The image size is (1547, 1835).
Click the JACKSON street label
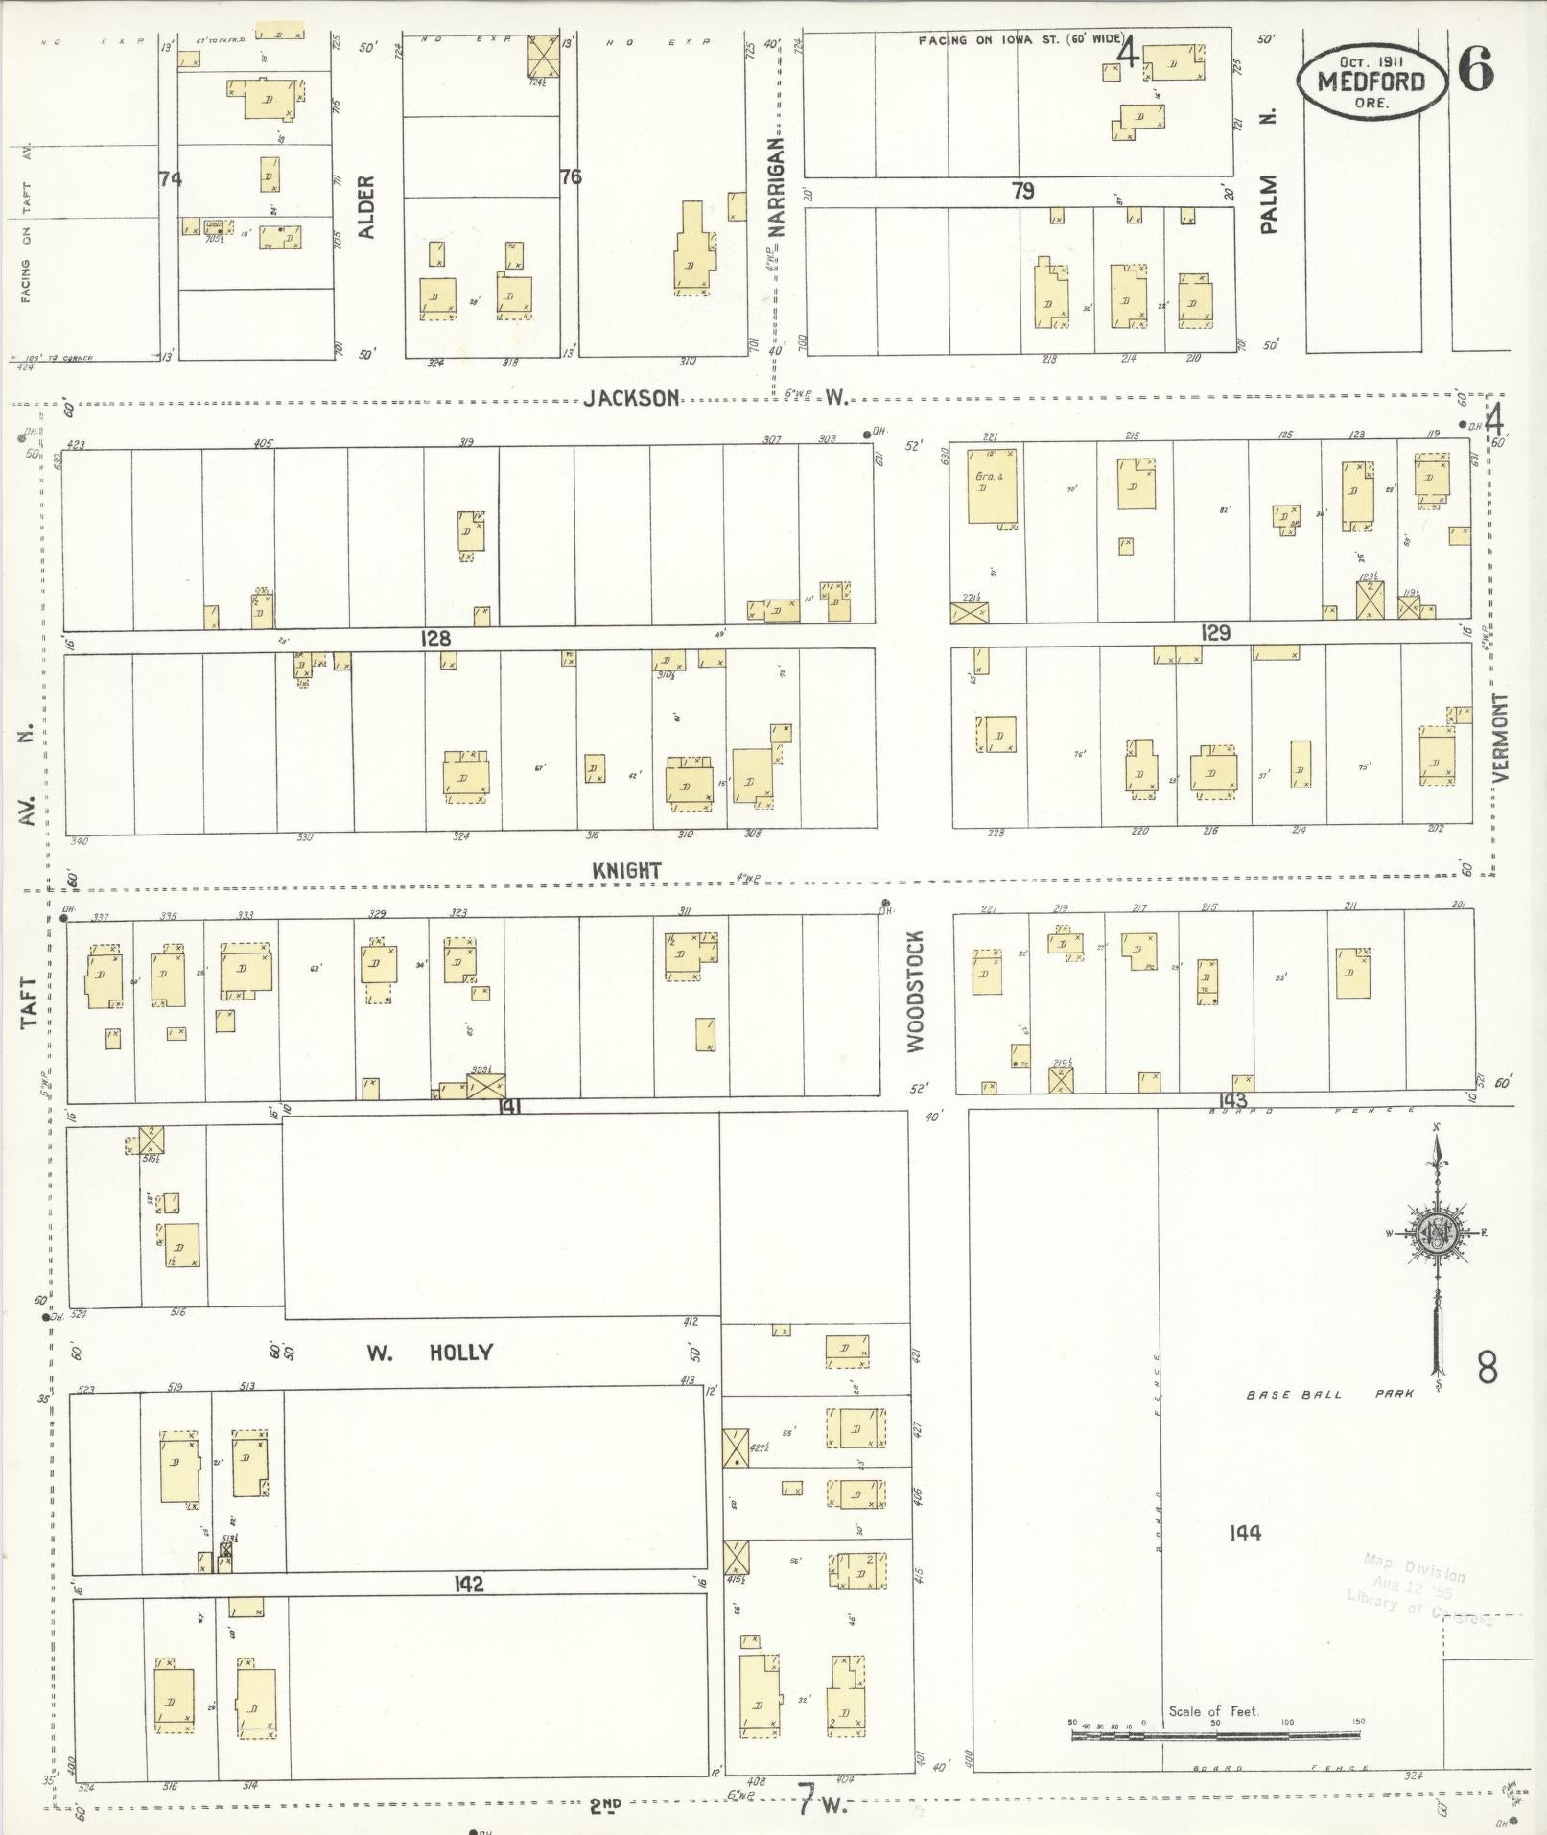point(632,398)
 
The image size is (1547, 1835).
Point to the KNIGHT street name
point(626,870)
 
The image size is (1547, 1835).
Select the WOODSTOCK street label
point(915,991)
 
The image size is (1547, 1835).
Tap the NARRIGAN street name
point(776,187)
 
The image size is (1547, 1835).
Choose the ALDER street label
point(366,206)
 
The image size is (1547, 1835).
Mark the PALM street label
point(1270,203)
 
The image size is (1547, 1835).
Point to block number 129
point(1214,633)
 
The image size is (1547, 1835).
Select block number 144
point(1245,1533)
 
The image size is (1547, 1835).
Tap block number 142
point(468,1584)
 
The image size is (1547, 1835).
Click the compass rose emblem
point(1436,1234)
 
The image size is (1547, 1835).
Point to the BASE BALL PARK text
point(1329,1394)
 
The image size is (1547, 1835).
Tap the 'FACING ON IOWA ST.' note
point(1019,40)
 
